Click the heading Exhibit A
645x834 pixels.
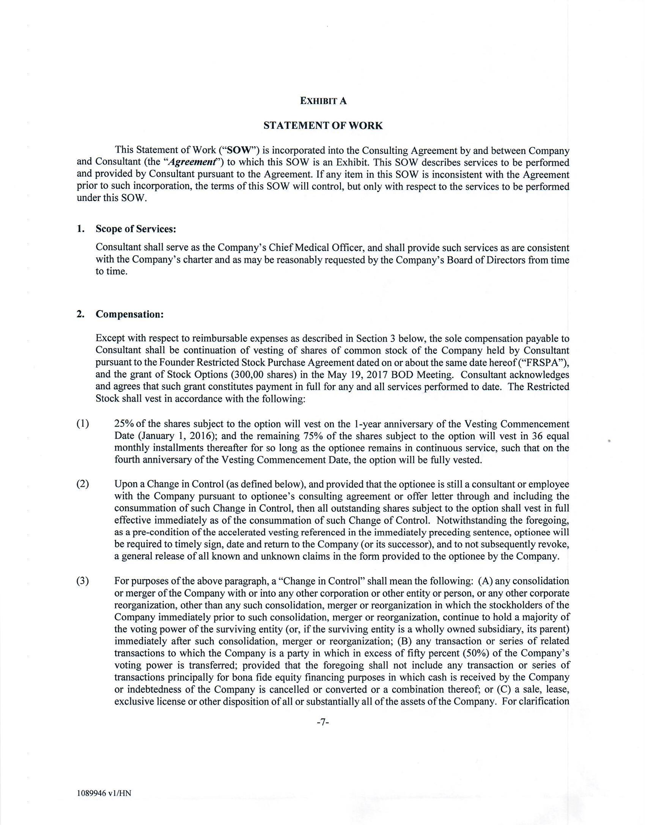pyautogui.click(x=323, y=101)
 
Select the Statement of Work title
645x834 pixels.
pyautogui.click(x=323, y=125)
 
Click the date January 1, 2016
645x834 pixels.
pyautogui.click(x=172, y=436)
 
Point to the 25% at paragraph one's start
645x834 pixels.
pyautogui.click(x=124, y=424)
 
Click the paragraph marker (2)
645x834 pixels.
pyautogui.click(x=83, y=484)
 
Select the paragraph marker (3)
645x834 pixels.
pyautogui.click(x=83, y=581)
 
